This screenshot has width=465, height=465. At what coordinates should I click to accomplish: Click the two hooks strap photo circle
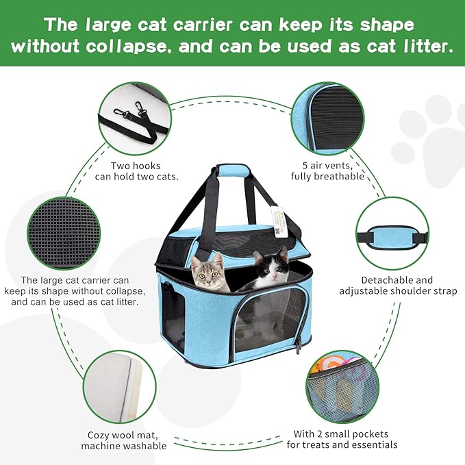(136, 118)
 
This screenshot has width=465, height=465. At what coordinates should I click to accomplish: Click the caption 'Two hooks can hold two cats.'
(144, 171)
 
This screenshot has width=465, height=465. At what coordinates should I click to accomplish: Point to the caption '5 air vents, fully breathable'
(321, 171)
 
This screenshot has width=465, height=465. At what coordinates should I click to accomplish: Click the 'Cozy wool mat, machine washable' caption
(123, 440)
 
